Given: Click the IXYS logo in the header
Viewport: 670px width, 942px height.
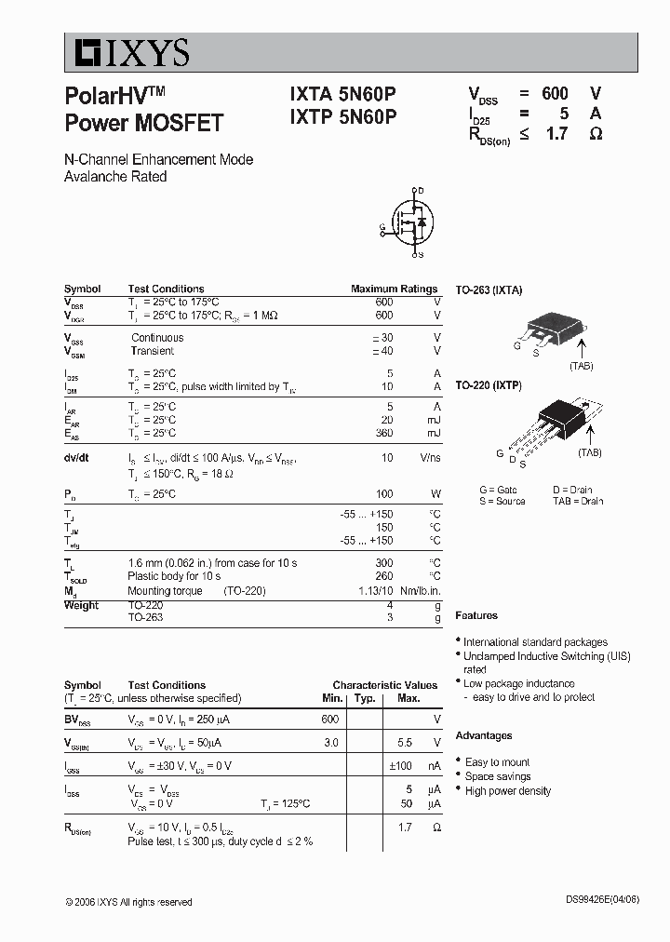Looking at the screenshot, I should click(127, 53).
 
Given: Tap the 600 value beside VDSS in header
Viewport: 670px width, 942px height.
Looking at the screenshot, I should click(555, 93).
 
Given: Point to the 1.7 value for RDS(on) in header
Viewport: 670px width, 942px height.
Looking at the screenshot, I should click(556, 133).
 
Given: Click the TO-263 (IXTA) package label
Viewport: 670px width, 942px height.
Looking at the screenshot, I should click(489, 290).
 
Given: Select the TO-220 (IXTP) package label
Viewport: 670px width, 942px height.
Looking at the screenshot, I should click(489, 384).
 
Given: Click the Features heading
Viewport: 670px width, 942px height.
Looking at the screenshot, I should click(476, 615).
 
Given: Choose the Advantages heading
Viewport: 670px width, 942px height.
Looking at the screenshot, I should click(484, 735).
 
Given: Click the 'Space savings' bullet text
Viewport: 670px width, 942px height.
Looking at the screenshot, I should click(498, 776).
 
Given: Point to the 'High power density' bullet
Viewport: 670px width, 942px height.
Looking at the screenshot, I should click(507, 791).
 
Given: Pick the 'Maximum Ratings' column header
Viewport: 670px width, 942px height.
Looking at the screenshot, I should click(394, 289).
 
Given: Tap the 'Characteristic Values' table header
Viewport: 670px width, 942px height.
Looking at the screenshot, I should click(384, 685).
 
